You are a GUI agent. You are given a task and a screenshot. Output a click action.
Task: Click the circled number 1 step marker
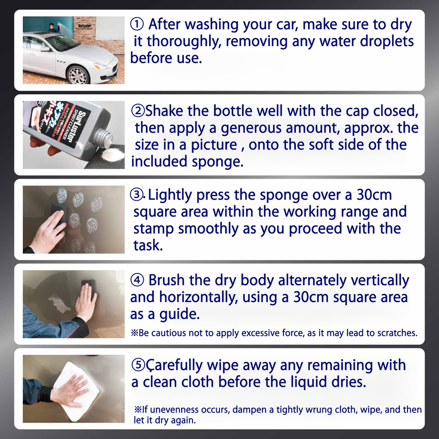tap(137, 24)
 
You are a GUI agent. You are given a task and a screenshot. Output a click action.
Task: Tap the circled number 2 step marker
tap(138, 111)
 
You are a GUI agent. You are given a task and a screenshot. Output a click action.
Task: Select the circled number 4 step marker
tap(137, 280)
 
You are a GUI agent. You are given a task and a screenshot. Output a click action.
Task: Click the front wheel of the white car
tap(78, 75)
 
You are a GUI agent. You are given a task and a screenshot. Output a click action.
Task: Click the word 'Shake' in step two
tap(164, 111)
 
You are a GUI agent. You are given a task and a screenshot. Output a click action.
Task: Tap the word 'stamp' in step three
tap(154, 229)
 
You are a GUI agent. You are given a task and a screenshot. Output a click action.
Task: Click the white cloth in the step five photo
tap(76, 391)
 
